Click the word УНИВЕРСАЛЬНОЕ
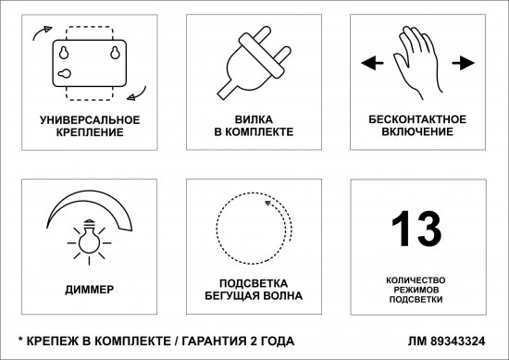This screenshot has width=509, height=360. point(91,120)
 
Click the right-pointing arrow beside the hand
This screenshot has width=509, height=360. point(458,64)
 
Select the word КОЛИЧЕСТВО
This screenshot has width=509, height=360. point(416,279)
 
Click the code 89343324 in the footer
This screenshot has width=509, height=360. point(459,340)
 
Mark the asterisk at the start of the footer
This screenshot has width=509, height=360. point(21,339)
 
